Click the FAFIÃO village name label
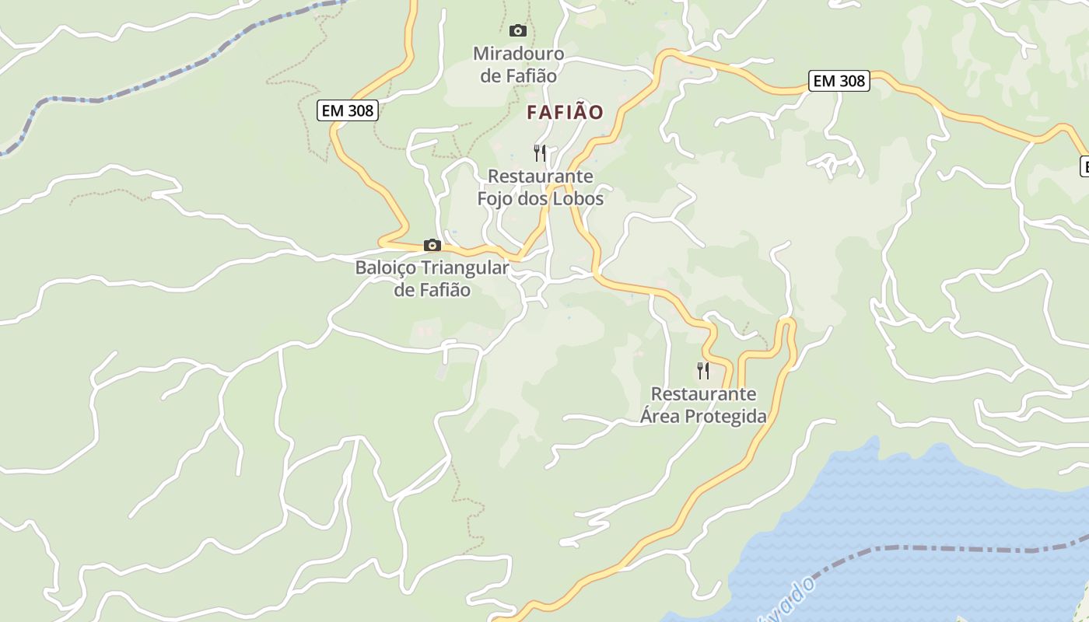[565, 112]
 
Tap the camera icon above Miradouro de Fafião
[517, 31]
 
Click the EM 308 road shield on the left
[348, 110]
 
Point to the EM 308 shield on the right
[839, 81]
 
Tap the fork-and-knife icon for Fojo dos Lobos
[540, 152]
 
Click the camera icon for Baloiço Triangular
[432, 246]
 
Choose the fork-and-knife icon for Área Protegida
[703, 370]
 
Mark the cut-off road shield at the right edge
[1084, 165]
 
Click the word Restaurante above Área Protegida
[703, 394]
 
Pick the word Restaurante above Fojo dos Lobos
[540, 176]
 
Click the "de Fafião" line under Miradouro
[518, 76]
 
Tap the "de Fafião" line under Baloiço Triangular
[432, 290]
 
